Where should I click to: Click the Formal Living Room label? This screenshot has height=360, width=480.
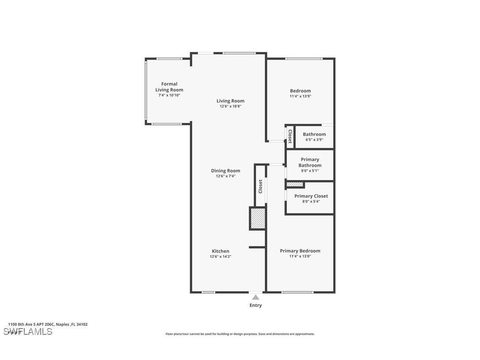(169, 87)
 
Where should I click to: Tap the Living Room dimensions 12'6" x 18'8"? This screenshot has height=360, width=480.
(230, 106)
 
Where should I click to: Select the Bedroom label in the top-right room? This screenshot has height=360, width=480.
(300, 91)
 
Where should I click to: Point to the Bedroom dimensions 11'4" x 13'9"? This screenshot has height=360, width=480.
(300, 96)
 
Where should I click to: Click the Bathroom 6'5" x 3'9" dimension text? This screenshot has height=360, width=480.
(314, 139)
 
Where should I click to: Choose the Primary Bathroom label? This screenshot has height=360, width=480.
(310, 162)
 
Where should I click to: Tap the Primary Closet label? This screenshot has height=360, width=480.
(311, 196)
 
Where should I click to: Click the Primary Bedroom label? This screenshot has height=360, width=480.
(300, 251)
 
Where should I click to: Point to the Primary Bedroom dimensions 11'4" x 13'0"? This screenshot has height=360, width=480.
(300, 256)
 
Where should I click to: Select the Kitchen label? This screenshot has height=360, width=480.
(221, 251)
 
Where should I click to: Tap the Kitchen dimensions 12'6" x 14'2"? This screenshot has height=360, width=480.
(221, 257)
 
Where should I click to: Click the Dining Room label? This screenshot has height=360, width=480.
(225, 171)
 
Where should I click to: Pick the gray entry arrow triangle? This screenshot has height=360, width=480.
(255, 297)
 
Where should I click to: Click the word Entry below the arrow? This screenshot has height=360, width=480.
(255, 305)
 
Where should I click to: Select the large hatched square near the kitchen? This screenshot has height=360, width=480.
(258, 218)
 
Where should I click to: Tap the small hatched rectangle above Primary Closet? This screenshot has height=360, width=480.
(295, 184)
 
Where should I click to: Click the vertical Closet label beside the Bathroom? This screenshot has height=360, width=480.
(290, 136)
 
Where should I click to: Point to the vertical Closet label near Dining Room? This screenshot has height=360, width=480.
(260, 186)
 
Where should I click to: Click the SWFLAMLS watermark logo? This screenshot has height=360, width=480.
(28, 331)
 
